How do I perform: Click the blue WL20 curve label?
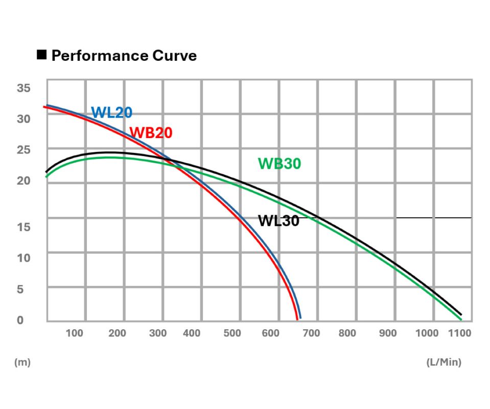(111, 112)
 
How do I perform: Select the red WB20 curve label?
(151, 133)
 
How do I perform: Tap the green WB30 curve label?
(279, 164)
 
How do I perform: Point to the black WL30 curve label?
(278, 221)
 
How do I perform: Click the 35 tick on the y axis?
(24, 88)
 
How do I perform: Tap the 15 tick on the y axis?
(24, 227)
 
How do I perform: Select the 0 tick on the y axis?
(20, 320)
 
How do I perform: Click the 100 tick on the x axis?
(75, 334)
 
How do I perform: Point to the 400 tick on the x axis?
(192, 334)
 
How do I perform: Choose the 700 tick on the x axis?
(311, 334)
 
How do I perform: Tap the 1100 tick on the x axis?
(459, 334)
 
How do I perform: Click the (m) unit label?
(22, 362)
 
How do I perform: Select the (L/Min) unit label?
(444, 362)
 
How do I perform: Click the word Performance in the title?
(92, 55)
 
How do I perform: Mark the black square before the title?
(42, 54)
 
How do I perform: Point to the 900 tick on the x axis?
(388, 334)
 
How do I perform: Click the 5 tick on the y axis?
(20, 289)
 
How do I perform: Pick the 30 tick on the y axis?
(24, 119)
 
